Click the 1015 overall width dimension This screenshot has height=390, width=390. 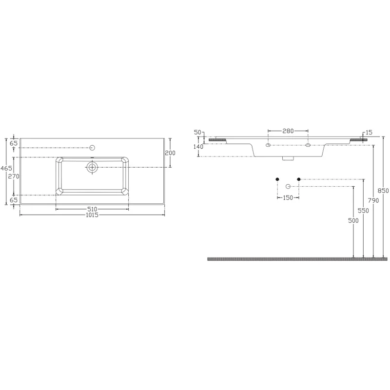click(x=92, y=215)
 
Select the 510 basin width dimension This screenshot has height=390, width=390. click(x=92, y=209)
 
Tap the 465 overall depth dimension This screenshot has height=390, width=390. click(x=6, y=168)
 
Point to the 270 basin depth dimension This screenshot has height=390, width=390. click(x=14, y=176)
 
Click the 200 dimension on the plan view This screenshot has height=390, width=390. click(x=170, y=153)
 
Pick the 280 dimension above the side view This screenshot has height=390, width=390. click(x=288, y=131)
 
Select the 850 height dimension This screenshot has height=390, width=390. click(x=383, y=191)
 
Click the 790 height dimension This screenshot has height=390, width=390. click(x=373, y=200)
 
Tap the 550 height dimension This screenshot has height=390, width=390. click(x=363, y=211)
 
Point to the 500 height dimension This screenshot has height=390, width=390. click(x=353, y=220)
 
